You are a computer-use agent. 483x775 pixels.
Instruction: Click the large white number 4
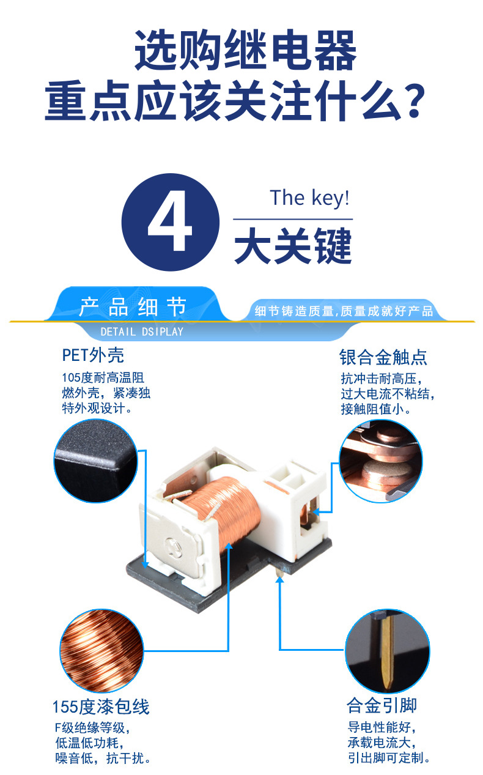[170, 221]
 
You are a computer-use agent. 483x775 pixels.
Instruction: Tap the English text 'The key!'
[309, 198]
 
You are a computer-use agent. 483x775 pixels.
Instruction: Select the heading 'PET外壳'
[93, 355]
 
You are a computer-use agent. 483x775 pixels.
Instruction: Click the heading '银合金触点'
[383, 357]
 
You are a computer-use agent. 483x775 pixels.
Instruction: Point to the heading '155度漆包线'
[101, 706]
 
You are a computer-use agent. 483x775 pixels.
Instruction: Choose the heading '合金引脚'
[382, 705]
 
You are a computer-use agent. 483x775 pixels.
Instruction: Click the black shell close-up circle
[96, 461]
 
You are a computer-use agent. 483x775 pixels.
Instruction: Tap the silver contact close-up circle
[381, 461]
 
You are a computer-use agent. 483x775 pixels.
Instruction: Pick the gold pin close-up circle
[387, 651]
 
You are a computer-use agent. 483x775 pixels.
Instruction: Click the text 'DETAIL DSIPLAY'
[142, 332]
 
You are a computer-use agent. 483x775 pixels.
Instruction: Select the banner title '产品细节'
[133, 306]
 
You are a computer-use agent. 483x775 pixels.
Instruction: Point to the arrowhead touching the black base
[146, 565]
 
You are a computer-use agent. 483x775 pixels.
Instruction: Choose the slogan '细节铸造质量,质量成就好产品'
[344, 311]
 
